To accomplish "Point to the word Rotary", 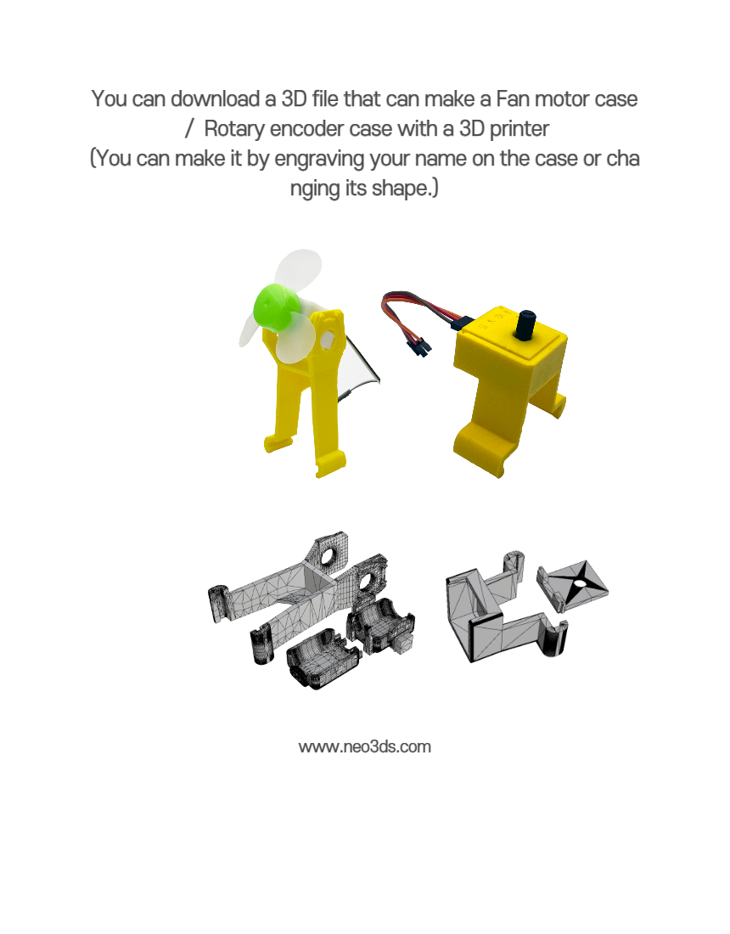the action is [x=234, y=129].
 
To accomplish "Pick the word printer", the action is [x=519, y=129].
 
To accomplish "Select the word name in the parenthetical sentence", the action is [x=441, y=159].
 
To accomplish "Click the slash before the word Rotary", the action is [x=190, y=129].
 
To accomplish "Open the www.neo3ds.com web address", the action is [x=364, y=747].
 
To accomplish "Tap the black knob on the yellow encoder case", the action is [x=525, y=324].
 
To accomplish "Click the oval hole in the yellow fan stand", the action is [x=328, y=340].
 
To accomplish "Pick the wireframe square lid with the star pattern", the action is [x=573, y=586].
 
